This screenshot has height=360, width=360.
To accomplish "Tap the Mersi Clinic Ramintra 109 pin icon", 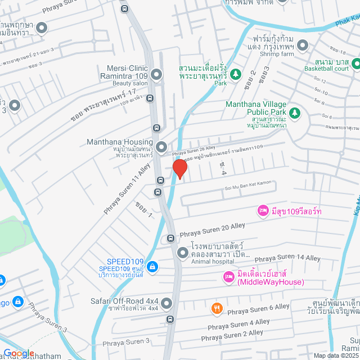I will (x=156, y=74).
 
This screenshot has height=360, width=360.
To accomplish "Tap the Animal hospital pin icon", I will (x=182, y=254).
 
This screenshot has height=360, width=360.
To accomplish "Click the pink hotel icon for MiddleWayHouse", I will (x=228, y=277).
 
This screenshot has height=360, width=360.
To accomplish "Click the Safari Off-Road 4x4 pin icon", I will (x=166, y=304).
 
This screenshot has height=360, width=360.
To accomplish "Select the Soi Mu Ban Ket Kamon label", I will (x=248, y=189).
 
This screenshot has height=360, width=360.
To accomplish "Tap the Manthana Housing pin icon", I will (x=162, y=148).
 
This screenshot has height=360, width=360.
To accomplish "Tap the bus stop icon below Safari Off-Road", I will (x=170, y=319).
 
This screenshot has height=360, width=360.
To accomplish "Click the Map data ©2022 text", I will (x=335, y=355).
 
